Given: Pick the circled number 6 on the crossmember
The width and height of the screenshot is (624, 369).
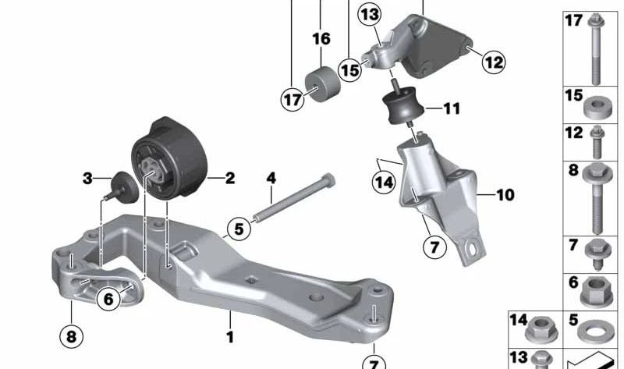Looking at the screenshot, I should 107,297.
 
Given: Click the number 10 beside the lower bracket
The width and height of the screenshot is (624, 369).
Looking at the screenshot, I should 505,194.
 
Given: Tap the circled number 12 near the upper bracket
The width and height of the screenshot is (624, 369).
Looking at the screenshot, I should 493,60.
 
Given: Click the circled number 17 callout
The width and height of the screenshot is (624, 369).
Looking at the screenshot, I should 291,99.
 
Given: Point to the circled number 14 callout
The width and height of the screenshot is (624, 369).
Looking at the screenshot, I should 382,183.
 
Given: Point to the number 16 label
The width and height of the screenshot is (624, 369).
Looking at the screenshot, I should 321,38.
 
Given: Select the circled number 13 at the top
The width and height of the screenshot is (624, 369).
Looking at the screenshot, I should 369,15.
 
